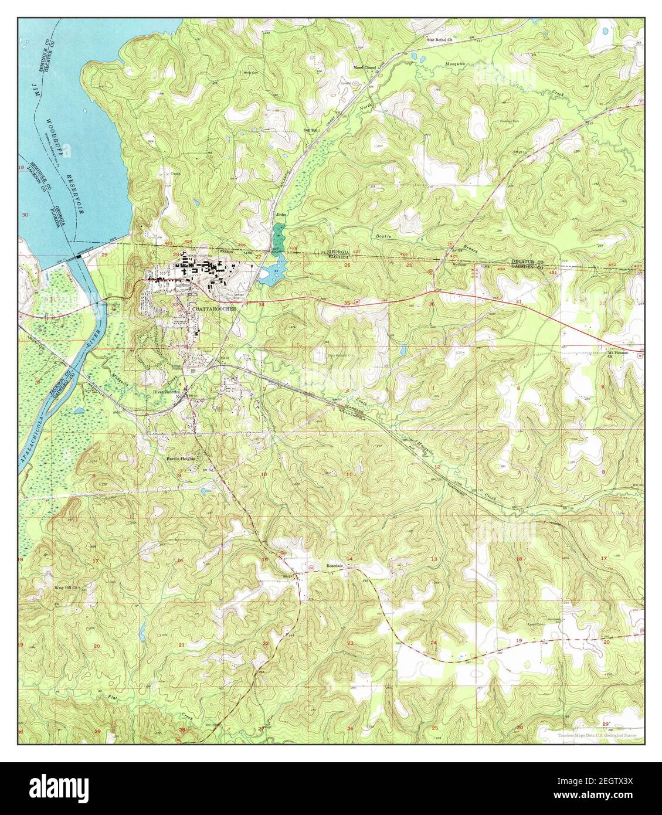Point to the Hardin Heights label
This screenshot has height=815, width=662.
click(x=179, y=459)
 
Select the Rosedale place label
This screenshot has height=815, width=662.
click(x=335, y=566)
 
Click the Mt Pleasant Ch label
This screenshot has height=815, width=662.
click(x=617, y=354)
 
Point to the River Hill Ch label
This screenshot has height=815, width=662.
click(x=66, y=587)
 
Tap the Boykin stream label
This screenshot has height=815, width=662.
click(x=382, y=236)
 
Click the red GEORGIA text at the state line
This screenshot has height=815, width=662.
click(x=338, y=251)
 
